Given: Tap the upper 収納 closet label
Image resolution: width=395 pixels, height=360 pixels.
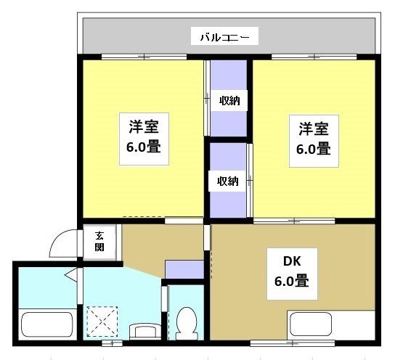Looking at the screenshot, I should (229, 101).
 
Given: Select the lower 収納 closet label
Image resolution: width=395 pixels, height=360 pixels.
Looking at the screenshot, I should (228, 181).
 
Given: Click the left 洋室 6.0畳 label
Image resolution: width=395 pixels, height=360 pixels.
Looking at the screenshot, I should (144, 136).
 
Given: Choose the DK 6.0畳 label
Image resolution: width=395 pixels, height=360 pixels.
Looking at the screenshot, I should (290, 269).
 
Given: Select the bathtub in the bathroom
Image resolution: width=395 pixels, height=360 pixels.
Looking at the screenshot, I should (47, 325).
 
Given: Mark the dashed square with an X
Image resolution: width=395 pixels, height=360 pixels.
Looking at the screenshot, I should (101, 321).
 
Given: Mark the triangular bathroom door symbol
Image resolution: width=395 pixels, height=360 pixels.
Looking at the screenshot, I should (70, 274).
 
